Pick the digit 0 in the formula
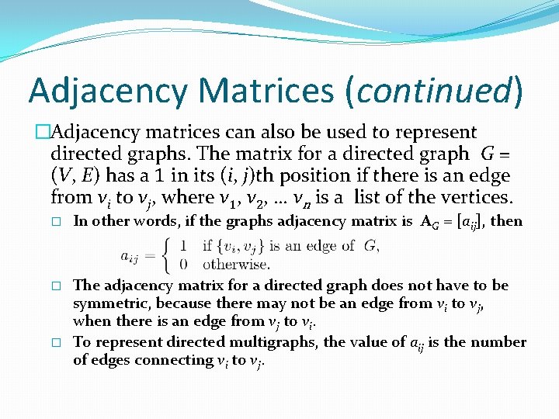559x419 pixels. pos(183,263)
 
